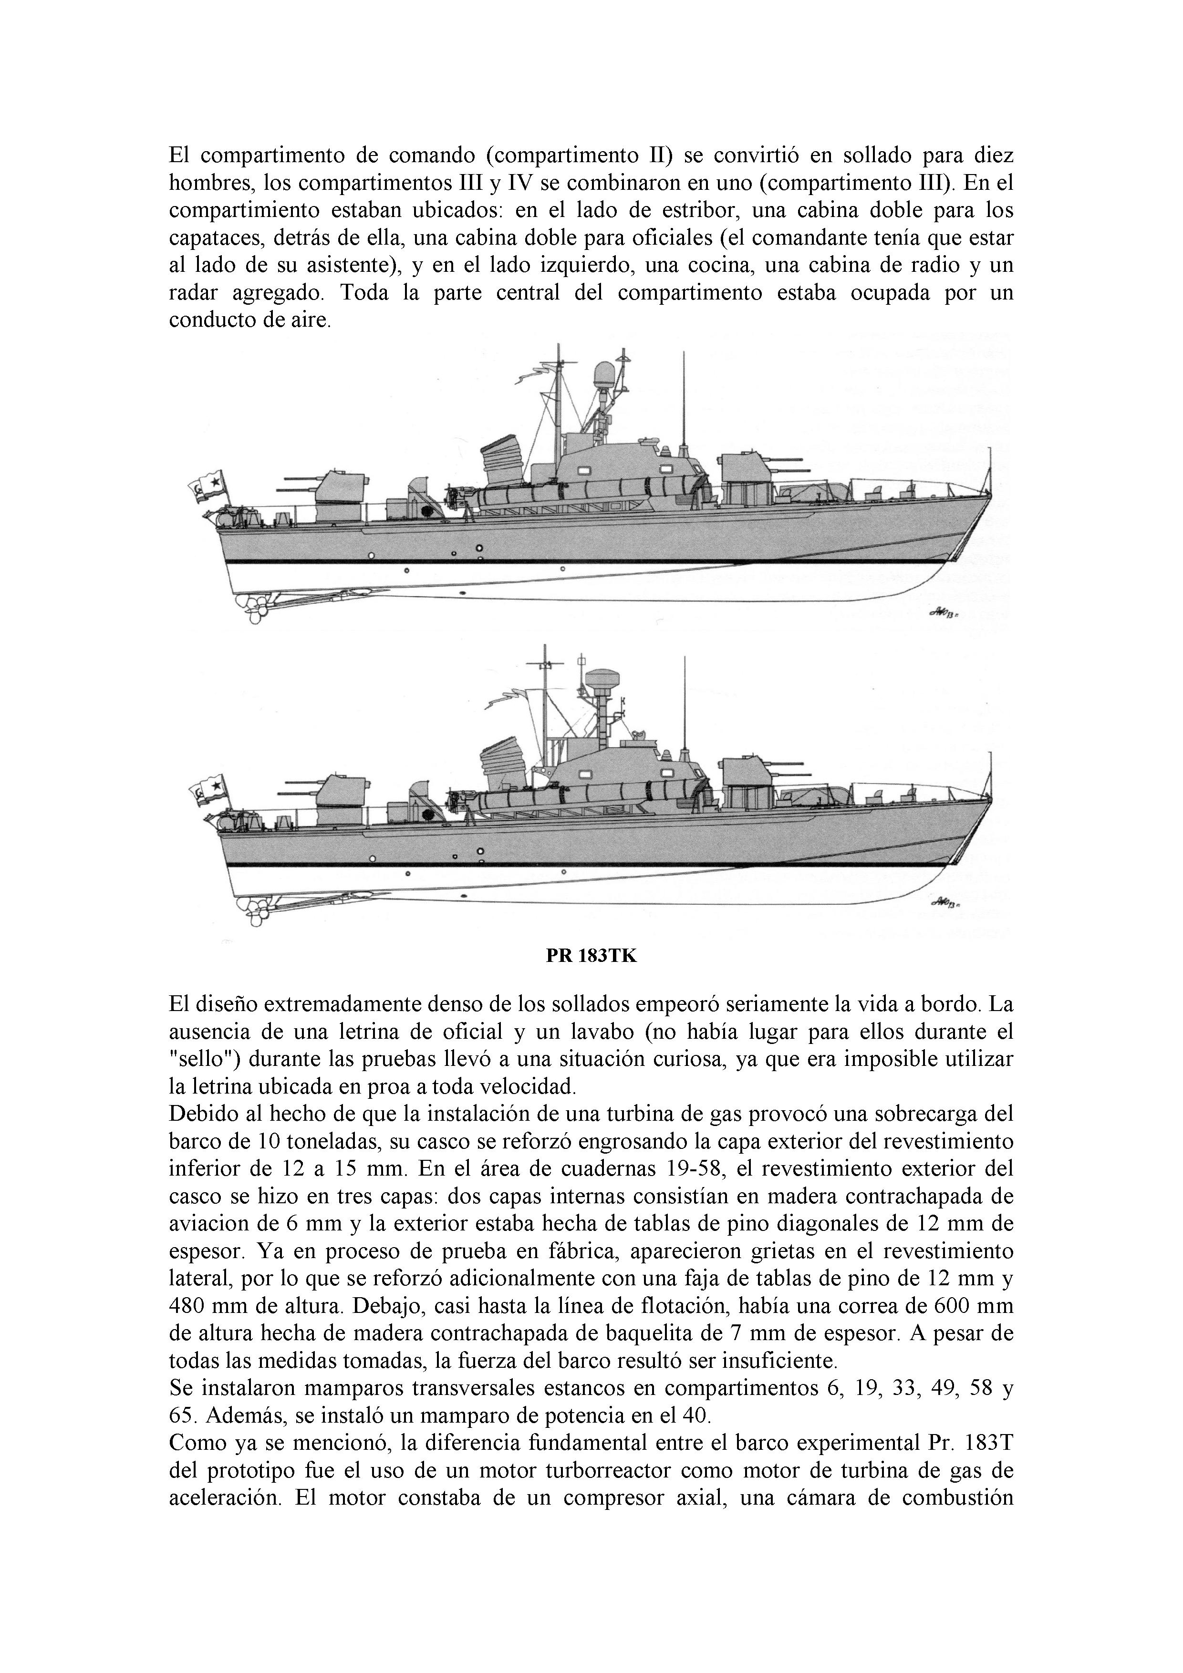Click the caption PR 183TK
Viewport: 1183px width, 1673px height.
(x=591, y=956)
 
